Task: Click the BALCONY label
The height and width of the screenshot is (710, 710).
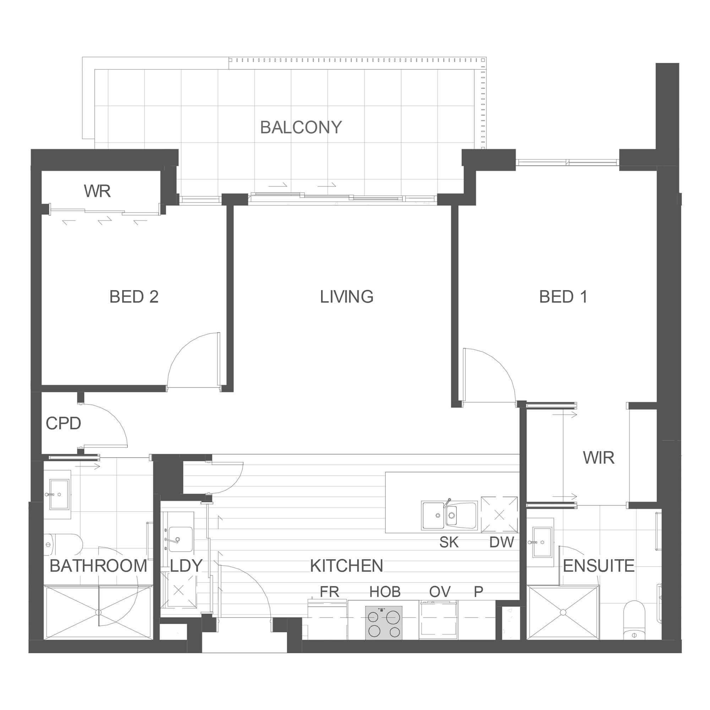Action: [301, 127]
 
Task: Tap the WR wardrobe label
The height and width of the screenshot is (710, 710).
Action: [97, 191]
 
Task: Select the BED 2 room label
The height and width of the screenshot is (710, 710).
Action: [134, 296]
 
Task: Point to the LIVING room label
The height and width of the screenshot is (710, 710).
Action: [346, 296]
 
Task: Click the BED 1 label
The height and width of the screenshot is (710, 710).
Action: [563, 296]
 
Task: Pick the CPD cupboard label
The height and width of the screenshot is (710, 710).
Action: [63, 424]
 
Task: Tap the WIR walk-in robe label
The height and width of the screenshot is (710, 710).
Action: [599, 458]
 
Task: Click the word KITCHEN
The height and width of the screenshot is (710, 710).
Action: [346, 566]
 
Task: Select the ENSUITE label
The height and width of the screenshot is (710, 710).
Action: [599, 566]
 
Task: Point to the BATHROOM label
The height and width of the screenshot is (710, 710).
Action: [98, 566]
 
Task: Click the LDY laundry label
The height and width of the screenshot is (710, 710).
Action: [186, 566]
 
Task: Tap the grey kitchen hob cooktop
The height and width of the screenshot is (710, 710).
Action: [384, 623]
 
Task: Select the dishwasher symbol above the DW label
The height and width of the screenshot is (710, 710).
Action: [499, 515]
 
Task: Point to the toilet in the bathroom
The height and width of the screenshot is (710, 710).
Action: [62, 544]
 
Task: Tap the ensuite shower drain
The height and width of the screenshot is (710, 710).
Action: [563, 612]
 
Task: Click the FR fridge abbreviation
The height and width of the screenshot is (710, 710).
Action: [329, 592]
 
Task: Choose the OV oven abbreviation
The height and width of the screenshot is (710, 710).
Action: [440, 592]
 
